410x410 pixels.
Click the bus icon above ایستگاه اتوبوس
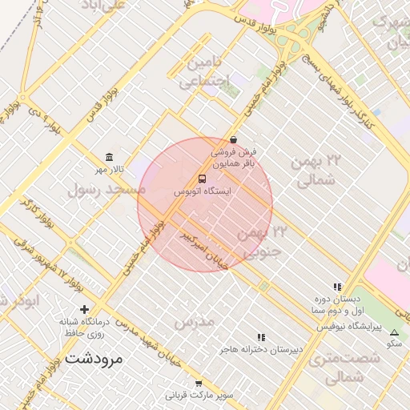pos(202,179)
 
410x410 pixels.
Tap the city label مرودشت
pos(94,358)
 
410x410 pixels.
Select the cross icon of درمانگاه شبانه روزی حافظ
pos(84,309)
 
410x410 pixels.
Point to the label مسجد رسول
pos(107,190)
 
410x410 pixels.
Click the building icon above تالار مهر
pos(109,157)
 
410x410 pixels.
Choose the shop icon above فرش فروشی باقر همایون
pos(233,139)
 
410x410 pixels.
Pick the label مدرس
pos(195,321)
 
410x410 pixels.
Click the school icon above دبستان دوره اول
pos(337,287)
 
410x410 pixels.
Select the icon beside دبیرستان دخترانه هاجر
pos(261,338)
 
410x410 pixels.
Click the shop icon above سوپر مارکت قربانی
pos(199,384)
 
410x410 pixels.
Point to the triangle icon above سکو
pos(393,332)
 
